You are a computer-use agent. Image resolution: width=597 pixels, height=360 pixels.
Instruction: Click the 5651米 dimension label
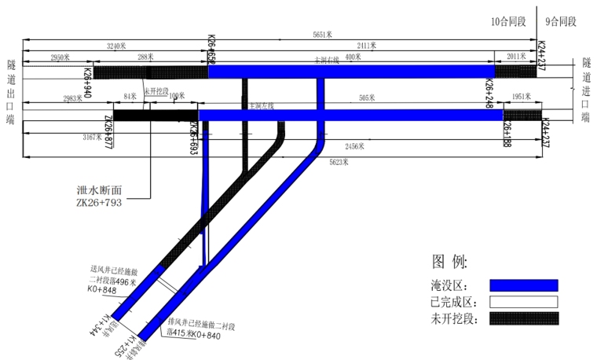(323, 35)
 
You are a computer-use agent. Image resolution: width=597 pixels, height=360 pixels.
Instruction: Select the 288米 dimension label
(145, 57)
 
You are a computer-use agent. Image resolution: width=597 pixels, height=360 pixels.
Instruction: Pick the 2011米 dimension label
(517, 57)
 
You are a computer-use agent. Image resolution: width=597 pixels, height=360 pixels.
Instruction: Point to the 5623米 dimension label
(341, 162)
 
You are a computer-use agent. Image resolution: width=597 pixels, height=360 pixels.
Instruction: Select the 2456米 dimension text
(357, 147)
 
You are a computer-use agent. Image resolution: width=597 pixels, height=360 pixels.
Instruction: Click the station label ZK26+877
(108, 131)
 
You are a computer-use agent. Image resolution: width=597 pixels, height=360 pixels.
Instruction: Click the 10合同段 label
(508, 22)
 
